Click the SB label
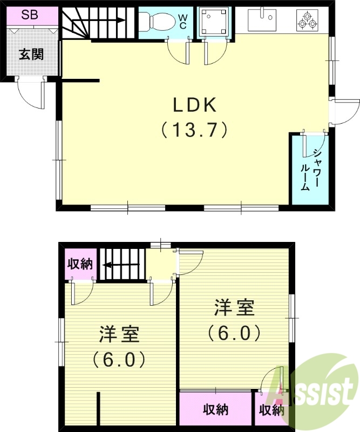tap(30, 15)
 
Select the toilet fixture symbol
tap(157, 21)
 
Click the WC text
tap(182, 22)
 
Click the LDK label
tap(194, 103)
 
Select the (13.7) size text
tap(194, 130)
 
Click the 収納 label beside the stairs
tap(80, 264)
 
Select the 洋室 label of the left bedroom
tap(119, 334)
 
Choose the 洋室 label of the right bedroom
tap(234, 308)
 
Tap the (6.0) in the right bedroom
tap(234, 333)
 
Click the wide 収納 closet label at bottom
tap(215, 410)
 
